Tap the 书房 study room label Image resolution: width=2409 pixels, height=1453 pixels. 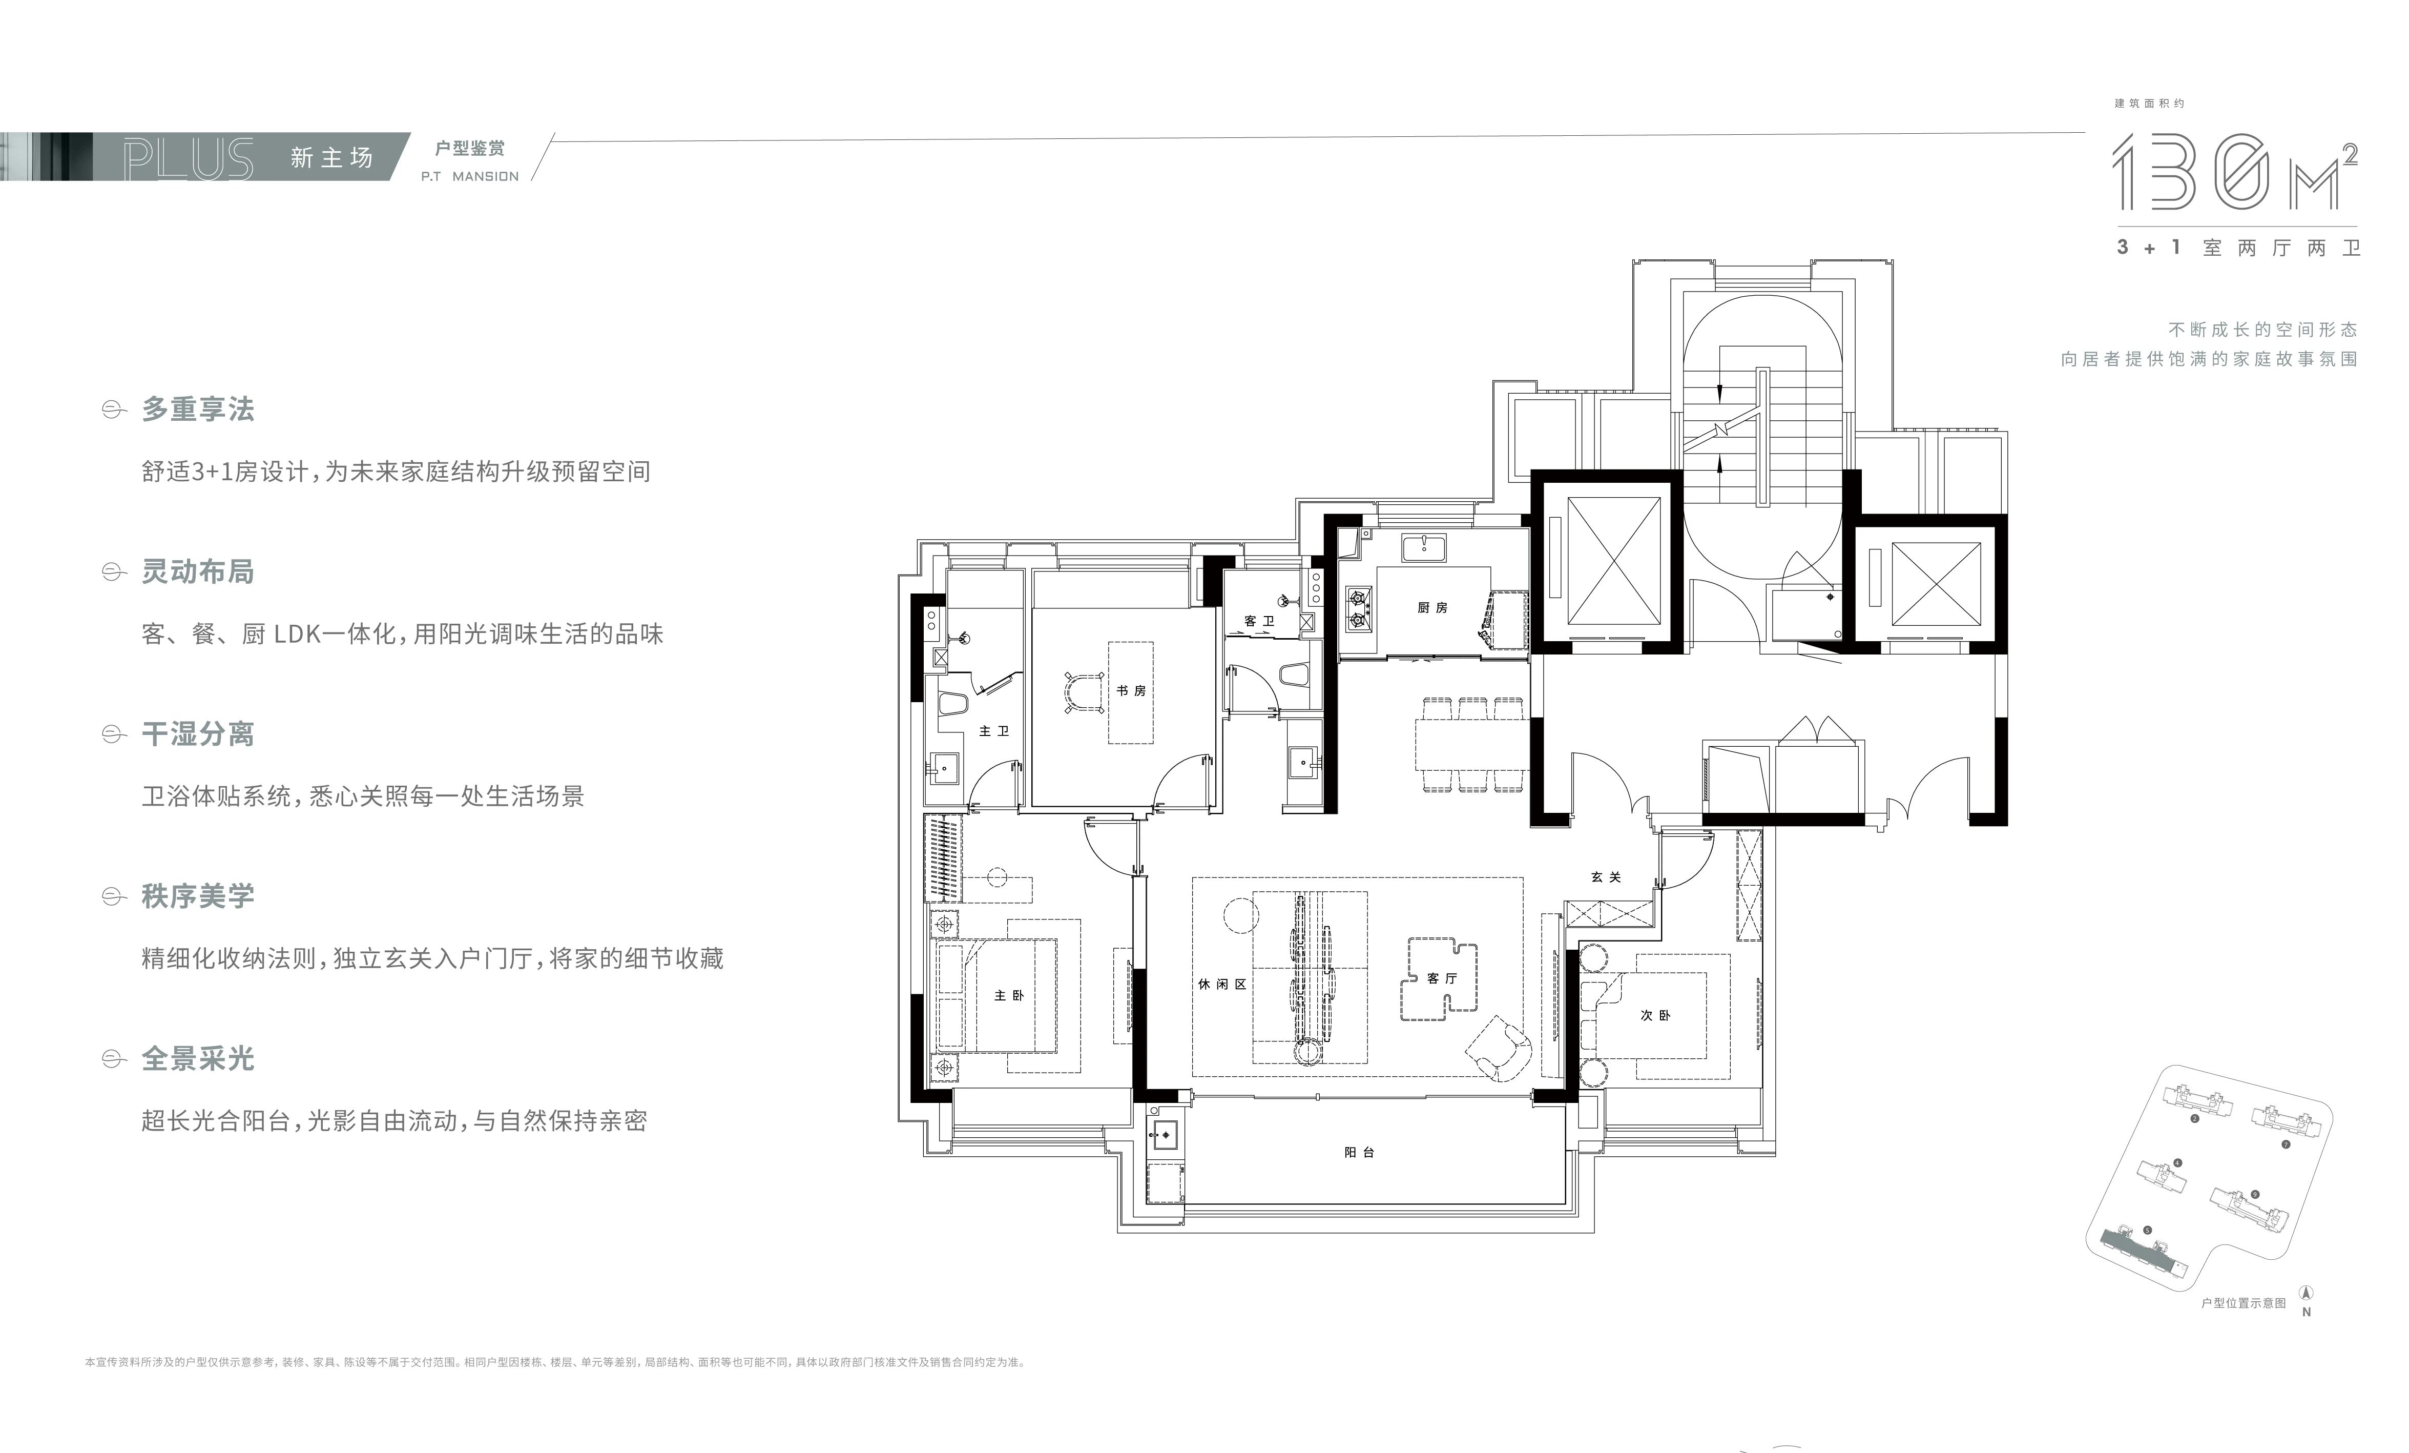click(1131, 690)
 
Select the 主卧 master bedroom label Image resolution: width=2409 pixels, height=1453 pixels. click(1009, 995)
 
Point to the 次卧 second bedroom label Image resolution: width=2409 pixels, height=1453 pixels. click(1655, 1016)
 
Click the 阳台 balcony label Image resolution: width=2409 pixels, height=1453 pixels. click(1360, 1153)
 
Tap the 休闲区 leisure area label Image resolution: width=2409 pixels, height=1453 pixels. click(1222, 984)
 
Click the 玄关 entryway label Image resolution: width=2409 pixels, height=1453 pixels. click(1606, 877)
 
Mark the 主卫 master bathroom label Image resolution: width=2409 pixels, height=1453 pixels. click(994, 731)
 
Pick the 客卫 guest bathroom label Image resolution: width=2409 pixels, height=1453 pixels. click(1259, 621)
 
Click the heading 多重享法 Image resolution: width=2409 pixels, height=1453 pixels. click(198, 408)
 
